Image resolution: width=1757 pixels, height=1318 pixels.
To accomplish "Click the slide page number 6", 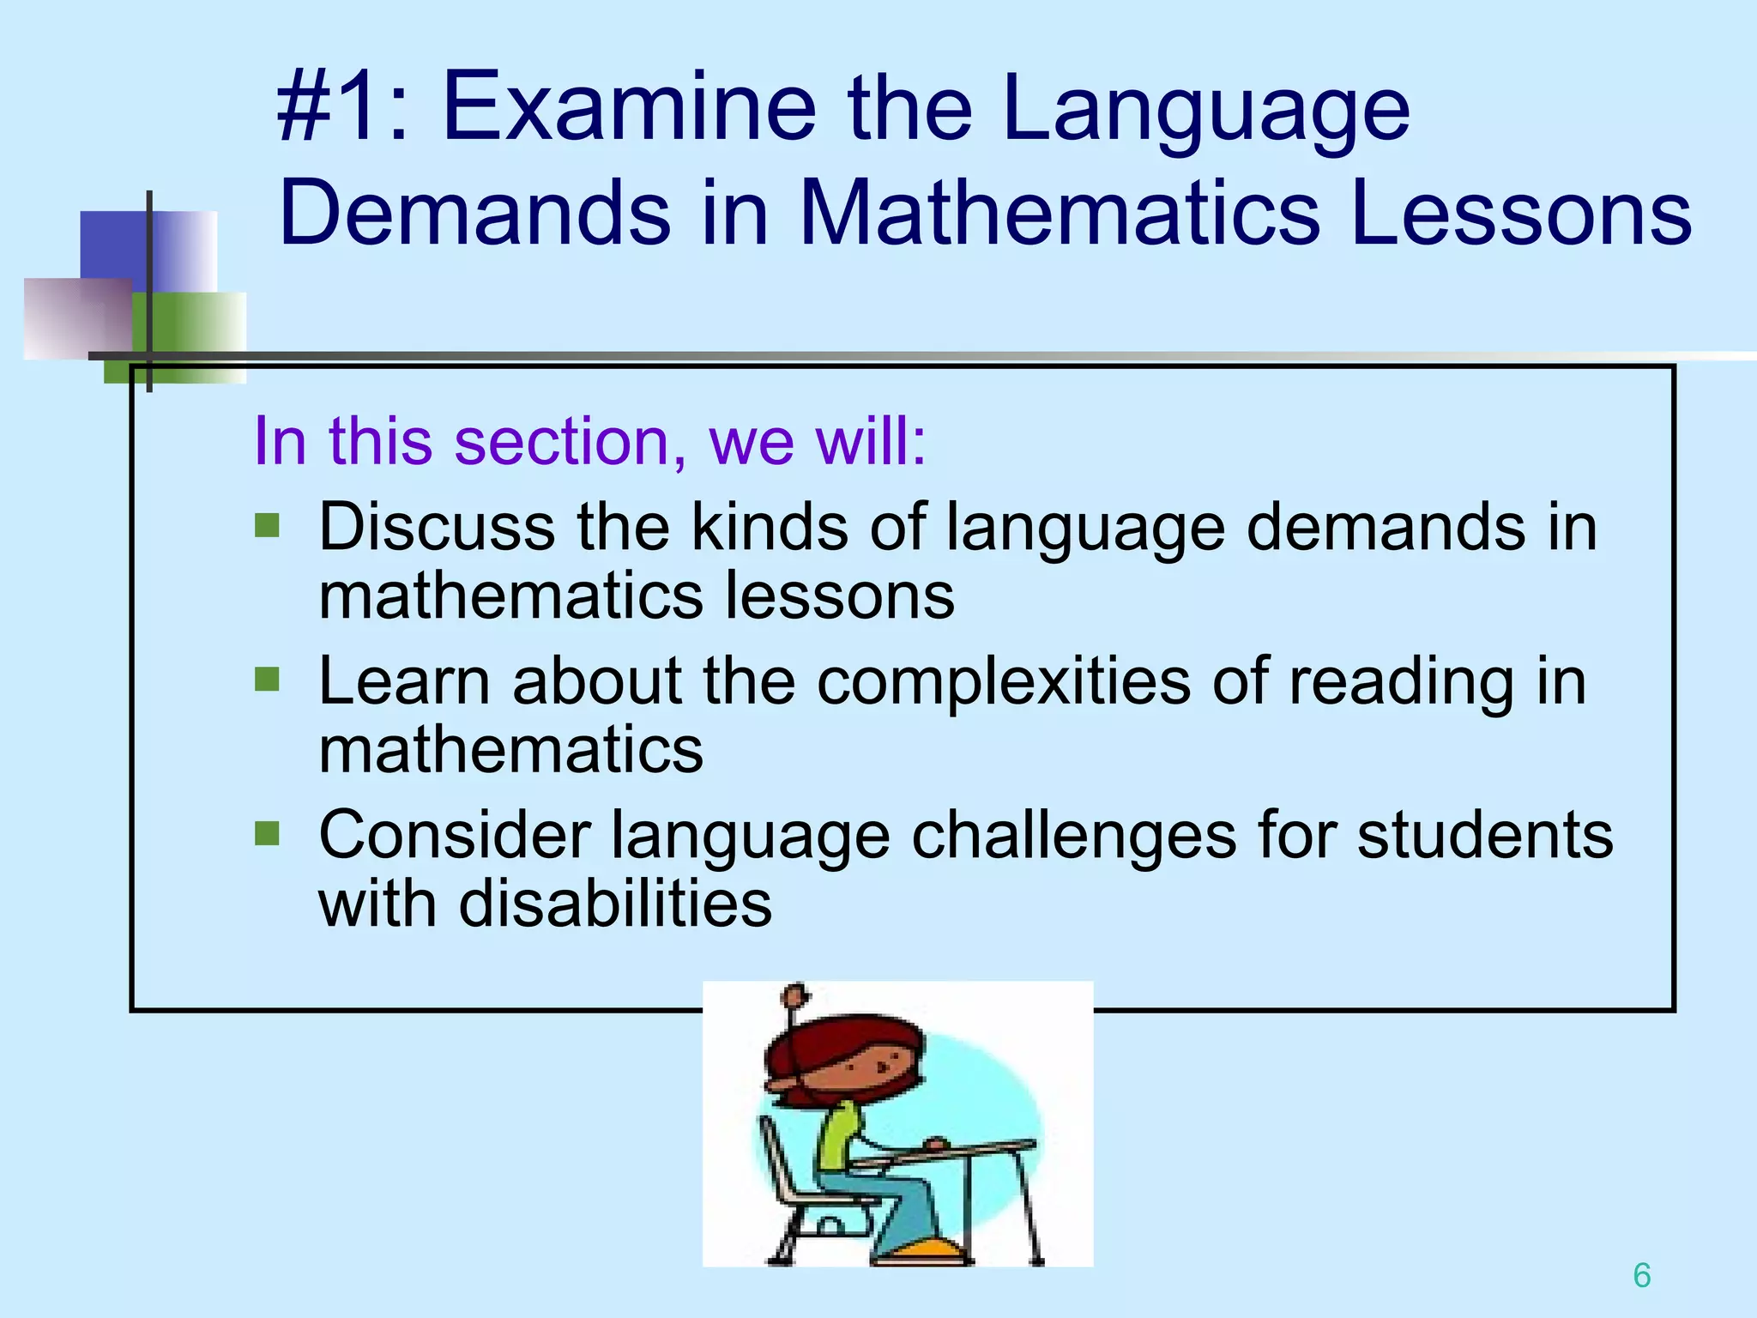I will click(1641, 1275).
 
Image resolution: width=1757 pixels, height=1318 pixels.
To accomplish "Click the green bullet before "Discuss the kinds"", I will click(268, 525).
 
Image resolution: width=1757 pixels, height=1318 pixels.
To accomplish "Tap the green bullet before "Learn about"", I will click(268, 680).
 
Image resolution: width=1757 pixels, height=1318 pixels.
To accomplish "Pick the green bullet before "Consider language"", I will click(268, 833).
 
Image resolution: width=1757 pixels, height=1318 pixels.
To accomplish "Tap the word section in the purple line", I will click(562, 441).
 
